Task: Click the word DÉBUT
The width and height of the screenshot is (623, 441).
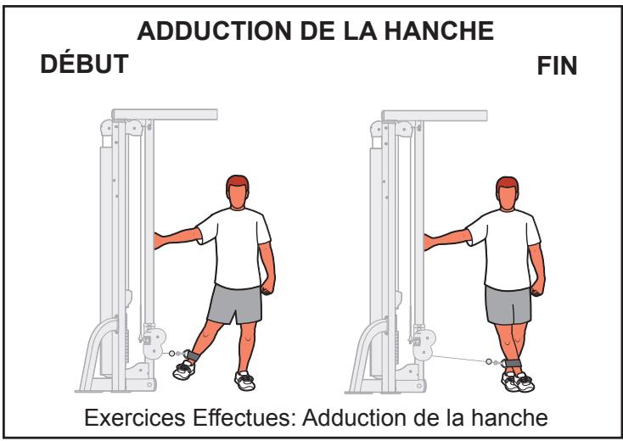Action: pyautogui.click(x=87, y=65)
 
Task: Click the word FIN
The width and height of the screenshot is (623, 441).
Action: pyautogui.click(x=558, y=68)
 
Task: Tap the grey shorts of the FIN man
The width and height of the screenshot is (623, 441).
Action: pyautogui.click(x=508, y=303)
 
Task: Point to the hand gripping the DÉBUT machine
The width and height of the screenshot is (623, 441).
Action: pyautogui.click(x=158, y=240)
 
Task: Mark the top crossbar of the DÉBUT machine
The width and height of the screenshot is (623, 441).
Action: pyautogui.click(x=166, y=114)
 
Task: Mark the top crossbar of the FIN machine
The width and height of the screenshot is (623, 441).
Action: pyautogui.click(x=435, y=114)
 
